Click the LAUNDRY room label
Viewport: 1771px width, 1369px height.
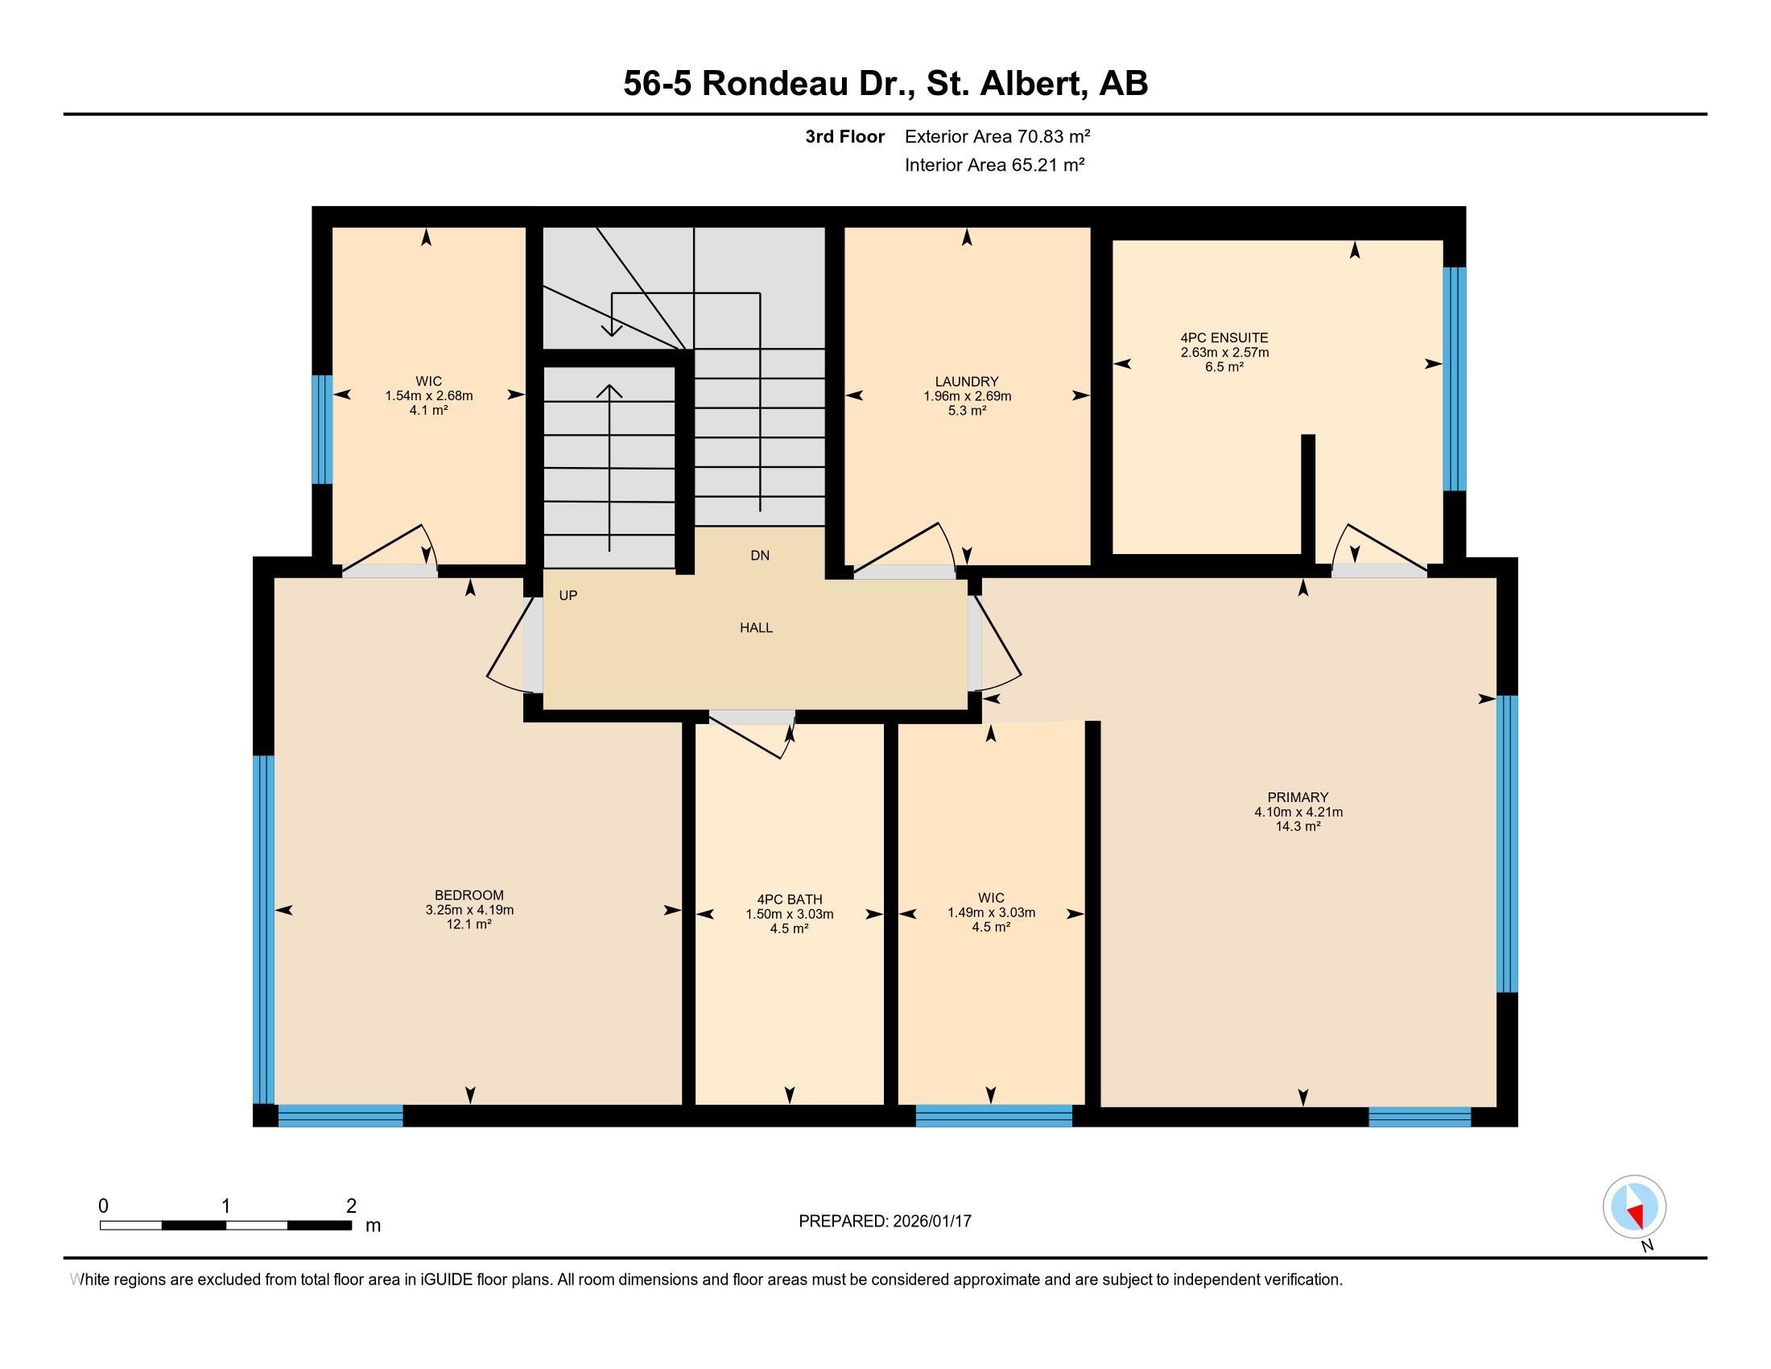tap(967, 381)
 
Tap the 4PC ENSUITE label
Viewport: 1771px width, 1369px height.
tap(1224, 337)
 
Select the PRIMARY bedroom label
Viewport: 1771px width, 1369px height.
tap(1298, 797)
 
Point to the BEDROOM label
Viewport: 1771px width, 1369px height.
tap(469, 895)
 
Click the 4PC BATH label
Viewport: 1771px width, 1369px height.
tap(790, 900)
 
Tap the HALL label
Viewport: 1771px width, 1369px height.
tap(757, 628)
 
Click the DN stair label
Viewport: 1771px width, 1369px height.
tap(760, 556)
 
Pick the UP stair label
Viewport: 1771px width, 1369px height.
tap(568, 595)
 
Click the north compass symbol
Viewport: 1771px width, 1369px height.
tap(1635, 1207)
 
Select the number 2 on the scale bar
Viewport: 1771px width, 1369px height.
tap(351, 1206)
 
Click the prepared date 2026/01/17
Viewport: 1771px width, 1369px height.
tap(931, 1221)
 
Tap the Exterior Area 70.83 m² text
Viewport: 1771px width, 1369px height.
tap(997, 136)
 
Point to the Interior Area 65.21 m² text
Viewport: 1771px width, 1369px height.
tap(995, 164)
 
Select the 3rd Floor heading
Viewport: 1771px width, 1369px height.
tap(845, 136)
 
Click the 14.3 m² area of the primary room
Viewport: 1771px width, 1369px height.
tap(1298, 826)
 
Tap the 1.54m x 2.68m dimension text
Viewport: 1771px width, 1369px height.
tap(429, 395)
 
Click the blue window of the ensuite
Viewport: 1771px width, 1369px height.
tap(1455, 378)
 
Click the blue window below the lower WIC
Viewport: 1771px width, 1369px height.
tap(994, 1116)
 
